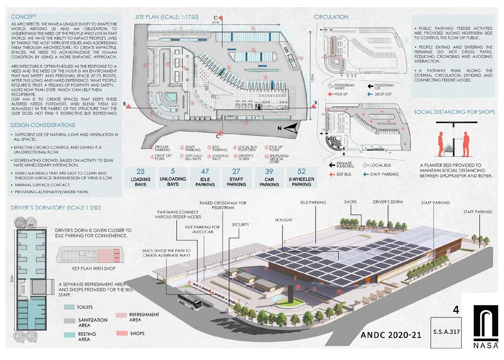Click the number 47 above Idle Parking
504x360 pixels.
(205, 172)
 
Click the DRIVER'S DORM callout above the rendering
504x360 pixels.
(387, 202)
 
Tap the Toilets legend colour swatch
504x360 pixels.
(69, 307)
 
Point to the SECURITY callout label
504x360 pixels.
(240, 225)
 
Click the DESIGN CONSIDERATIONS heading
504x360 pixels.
(43, 125)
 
